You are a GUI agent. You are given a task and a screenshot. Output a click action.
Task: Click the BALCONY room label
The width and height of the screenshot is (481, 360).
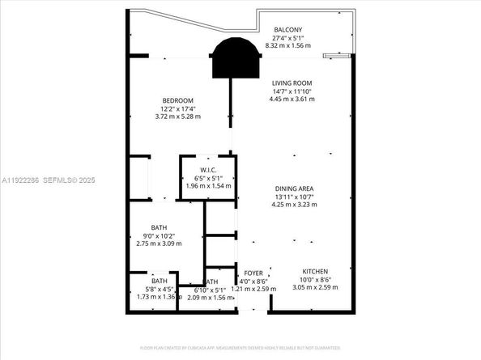click(x=289, y=29)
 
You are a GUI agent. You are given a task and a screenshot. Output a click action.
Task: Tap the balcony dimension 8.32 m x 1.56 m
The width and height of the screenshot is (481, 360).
click(x=289, y=46)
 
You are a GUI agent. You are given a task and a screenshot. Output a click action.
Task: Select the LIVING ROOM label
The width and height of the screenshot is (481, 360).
click(x=292, y=83)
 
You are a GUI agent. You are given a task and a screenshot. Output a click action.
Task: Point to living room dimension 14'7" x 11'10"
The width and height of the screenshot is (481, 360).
click(x=292, y=91)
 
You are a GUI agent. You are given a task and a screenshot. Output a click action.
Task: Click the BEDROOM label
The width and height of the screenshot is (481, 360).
click(x=177, y=100)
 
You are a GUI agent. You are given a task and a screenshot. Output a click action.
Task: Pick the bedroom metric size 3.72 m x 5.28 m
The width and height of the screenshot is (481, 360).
click(x=177, y=116)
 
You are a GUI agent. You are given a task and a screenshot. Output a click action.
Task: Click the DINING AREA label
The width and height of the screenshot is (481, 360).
click(x=293, y=188)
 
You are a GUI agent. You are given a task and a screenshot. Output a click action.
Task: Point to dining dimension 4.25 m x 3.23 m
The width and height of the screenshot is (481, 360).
click(x=293, y=205)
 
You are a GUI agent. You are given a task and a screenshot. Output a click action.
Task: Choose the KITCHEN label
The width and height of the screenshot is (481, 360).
click(x=315, y=271)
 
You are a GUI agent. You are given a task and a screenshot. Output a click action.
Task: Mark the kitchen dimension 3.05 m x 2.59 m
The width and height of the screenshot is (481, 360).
click(x=315, y=287)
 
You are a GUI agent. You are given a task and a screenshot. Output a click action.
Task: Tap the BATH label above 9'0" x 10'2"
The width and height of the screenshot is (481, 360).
click(x=159, y=227)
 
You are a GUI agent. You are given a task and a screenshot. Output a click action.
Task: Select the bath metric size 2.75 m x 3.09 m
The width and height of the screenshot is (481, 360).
click(x=159, y=244)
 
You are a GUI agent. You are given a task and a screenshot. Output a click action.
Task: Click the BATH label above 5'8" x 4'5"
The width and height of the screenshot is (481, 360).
click(x=159, y=282)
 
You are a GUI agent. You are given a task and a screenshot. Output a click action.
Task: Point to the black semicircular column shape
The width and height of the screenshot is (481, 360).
click(x=236, y=58)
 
